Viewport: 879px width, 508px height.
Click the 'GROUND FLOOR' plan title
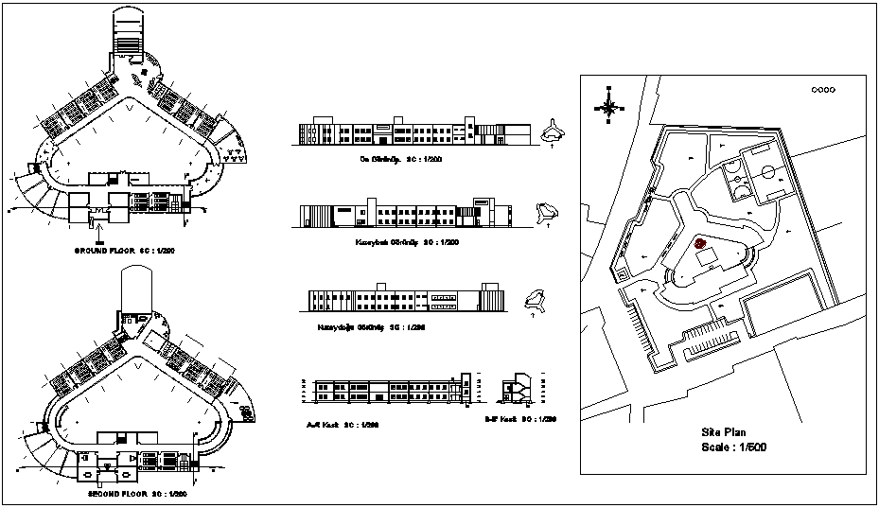tap(130, 251)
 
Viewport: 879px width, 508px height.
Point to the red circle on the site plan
tap(700, 243)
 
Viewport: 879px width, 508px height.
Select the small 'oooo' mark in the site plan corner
tap(822, 90)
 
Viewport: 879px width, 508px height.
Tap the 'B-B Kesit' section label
tap(519, 418)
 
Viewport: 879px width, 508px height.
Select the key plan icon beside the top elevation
tap(553, 134)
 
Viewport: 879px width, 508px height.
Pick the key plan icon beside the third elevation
tap(536, 300)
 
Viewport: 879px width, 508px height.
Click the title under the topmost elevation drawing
tap(394, 159)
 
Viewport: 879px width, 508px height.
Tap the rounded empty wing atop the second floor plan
tap(136, 288)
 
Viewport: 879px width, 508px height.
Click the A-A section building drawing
tap(389, 388)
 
